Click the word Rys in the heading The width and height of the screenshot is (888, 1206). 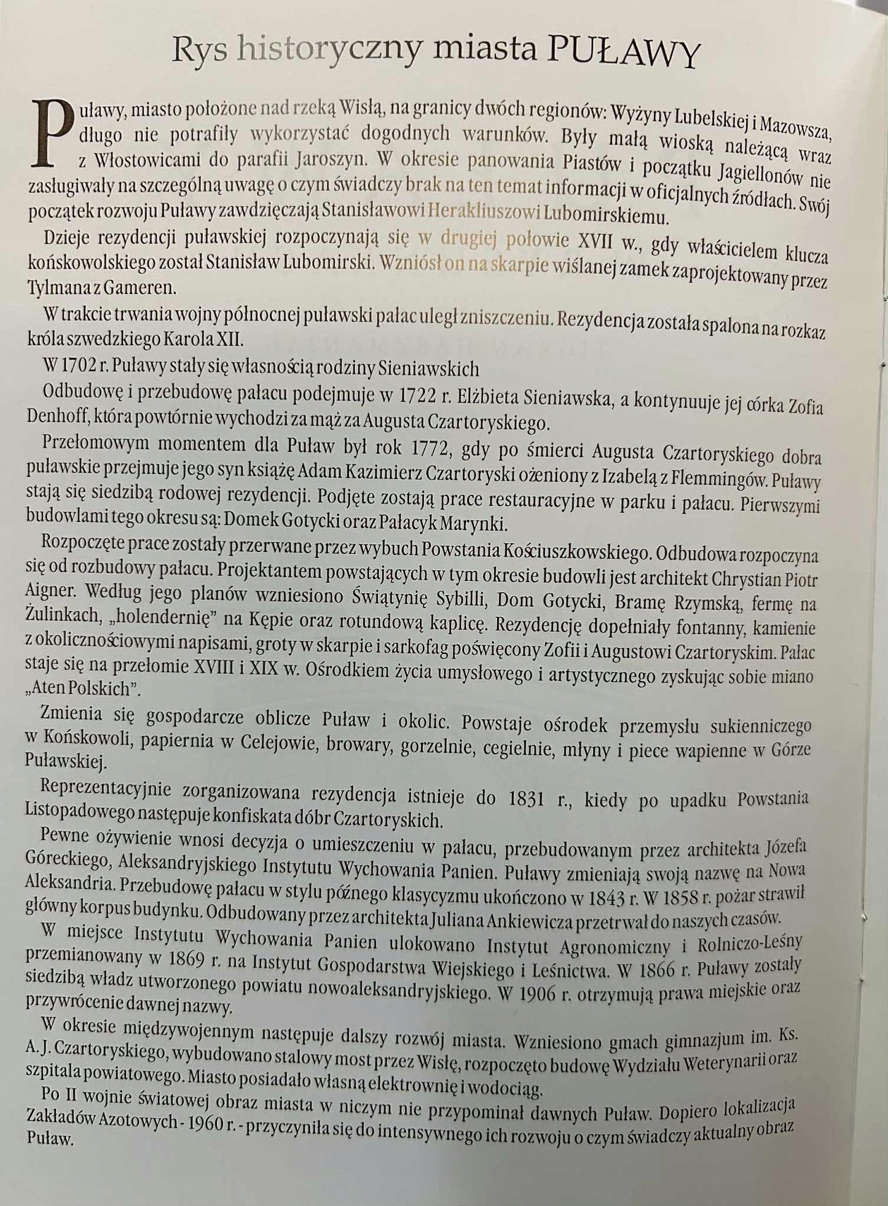199,50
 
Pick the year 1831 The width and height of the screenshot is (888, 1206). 527,798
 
